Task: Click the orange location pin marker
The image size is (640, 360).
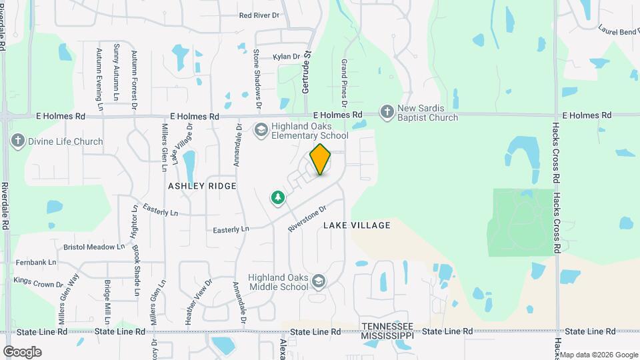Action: coord(321,159)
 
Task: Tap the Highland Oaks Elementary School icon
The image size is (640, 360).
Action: coord(261,129)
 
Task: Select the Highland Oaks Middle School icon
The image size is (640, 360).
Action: coord(319,281)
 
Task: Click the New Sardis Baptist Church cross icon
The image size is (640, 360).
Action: coord(387,112)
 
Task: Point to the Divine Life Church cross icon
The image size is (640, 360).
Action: coord(17,141)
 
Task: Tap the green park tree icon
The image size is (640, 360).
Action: coord(277,197)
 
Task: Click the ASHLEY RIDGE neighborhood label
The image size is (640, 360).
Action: coord(202,186)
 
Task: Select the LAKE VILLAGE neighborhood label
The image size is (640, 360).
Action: coord(357,225)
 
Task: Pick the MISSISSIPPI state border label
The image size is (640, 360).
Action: coord(387,336)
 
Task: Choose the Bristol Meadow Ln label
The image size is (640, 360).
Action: coord(94,247)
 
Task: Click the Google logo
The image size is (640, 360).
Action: coord(22,352)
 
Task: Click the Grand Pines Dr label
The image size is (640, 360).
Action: coord(344,83)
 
